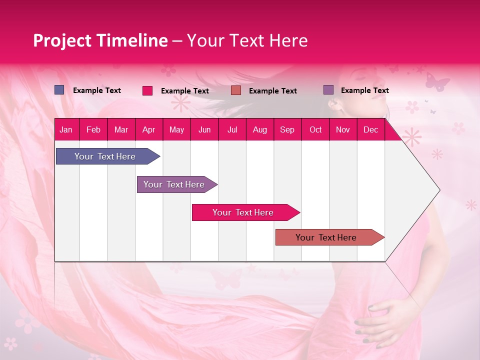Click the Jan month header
(x=66, y=130)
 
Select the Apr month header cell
(x=149, y=130)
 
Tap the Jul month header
(x=232, y=130)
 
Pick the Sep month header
(x=287, y=130)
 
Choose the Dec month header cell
(x=370, y=130)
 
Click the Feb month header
(x=93, y=130)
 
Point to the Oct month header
(x=315, y=130)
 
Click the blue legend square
(x=59, y=90)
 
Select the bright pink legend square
(x=147, y=90)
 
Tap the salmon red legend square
(x=236, y=90)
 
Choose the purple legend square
(x=328, y=90)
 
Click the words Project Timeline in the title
(x=100, y=40)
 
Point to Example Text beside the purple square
(x=364, y=90)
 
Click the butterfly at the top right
(x=437, y=81)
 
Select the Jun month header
(x=204, y=130)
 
